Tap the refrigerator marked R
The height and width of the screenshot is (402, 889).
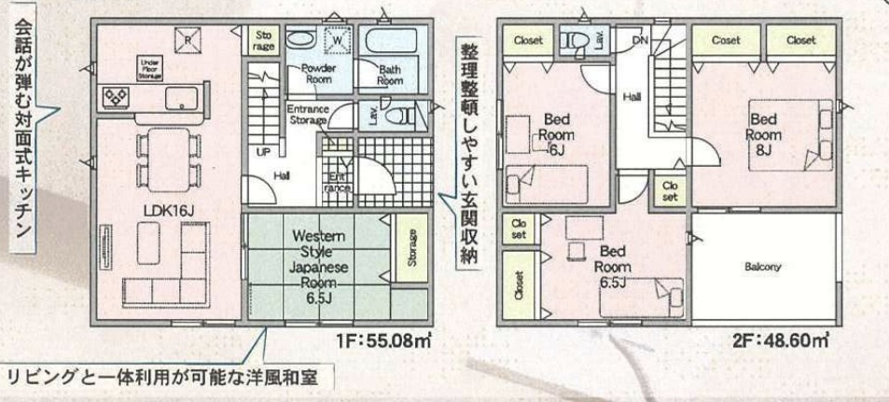188,39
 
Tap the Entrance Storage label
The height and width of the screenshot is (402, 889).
307,114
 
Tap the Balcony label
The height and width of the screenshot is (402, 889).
763,267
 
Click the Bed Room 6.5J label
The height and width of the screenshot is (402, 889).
612,265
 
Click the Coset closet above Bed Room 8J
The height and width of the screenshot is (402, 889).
725,40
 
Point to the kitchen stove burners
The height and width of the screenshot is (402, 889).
118,95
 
